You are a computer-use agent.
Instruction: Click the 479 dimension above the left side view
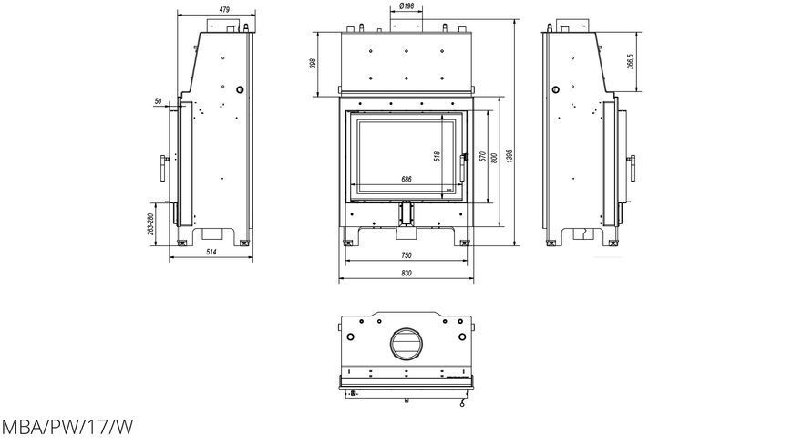225,9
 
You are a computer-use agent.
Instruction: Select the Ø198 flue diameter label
407,6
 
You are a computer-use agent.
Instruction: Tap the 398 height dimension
313,63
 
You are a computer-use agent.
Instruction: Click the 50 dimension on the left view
158,101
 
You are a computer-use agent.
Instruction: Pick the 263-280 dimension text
149,224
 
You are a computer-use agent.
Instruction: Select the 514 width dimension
211,252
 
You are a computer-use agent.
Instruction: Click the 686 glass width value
407,179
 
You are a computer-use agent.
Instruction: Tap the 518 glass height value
437,156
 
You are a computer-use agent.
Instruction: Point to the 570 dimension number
482,157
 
